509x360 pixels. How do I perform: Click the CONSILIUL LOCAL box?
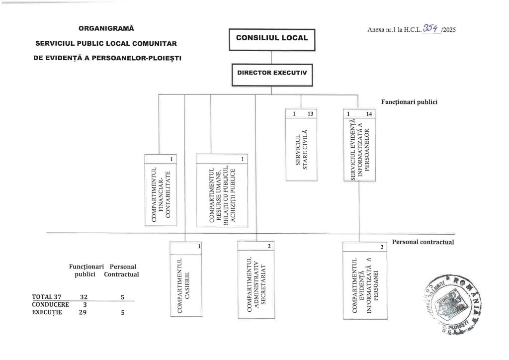click(271, 38)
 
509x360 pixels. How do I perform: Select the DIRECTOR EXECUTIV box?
click(271, 73)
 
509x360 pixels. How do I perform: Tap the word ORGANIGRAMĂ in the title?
click(106, 28)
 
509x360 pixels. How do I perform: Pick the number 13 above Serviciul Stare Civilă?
click(311, 114)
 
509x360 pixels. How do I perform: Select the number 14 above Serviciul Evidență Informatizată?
click(368, 114)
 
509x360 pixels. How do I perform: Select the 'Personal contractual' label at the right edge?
click(424, 242)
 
